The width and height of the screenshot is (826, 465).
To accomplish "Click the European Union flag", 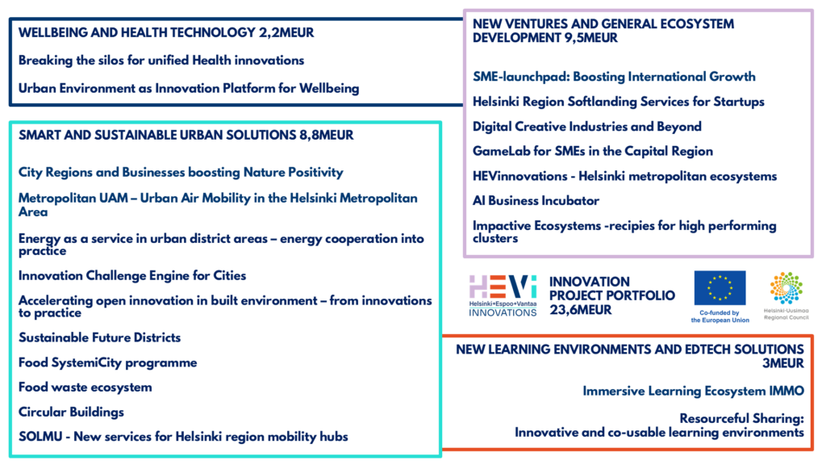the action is (x=720, y=288).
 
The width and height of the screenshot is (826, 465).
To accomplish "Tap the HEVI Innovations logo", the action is (x=503, y=295).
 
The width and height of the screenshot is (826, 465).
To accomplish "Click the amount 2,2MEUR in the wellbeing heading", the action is (x=286, y=32).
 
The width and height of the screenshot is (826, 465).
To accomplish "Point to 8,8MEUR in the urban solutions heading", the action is (x=327, y=136).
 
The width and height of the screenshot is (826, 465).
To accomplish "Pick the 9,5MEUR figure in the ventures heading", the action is (x=590, y=38).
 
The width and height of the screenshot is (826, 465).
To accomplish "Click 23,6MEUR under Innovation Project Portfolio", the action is (x=581, y=310).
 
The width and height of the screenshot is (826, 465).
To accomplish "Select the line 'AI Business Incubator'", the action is (x=536, y=201).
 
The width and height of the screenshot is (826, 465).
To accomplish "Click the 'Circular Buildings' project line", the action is (x=71, y=413).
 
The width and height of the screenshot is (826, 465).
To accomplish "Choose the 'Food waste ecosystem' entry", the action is (x=86, y=387).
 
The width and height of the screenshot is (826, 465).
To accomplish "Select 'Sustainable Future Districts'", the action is (x=99, y=338).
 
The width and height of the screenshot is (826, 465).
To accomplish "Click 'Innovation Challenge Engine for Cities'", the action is (x=132, y=276).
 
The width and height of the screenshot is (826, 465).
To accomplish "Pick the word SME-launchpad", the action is (x=520, y=77).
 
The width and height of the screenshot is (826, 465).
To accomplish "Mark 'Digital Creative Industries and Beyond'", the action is (x=587, y=127).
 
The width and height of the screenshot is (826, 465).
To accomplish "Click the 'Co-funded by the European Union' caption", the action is (x=720, y=316).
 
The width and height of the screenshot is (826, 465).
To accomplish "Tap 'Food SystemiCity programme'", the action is (x=107, y=362).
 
